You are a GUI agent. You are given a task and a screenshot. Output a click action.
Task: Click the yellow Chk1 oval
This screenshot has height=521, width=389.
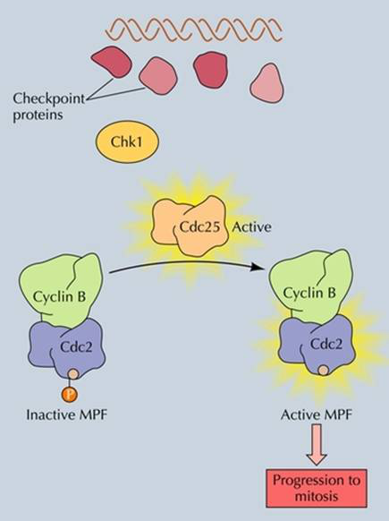click(x=127, y=141)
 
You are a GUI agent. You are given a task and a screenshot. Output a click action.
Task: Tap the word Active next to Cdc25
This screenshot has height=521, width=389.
click(x=251, y=227)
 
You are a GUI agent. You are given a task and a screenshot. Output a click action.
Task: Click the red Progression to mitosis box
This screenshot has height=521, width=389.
click(x=317, y=488)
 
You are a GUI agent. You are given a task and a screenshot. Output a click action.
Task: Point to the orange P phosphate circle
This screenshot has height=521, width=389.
click(x=70, y=395)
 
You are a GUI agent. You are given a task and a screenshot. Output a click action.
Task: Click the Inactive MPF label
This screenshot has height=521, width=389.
click(x=67, y=414)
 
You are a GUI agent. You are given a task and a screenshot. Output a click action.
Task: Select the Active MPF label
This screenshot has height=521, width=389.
click(x=317, y=414)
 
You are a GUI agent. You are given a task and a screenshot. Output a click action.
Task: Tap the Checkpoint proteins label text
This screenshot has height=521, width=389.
click(x=48, y=107)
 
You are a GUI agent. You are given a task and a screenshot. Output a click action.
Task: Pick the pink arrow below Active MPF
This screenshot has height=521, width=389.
click(x=317, y=445)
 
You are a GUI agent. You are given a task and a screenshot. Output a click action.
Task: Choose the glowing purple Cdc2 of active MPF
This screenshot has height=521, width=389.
click(x=317, y=345)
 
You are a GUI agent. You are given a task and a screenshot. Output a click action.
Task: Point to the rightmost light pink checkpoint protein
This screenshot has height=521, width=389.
click(x=267, y=82)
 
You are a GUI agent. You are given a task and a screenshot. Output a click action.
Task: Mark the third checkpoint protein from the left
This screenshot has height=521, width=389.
click(x=211, y=70)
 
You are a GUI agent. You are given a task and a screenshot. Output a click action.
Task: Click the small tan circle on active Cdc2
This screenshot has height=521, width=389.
click(x=323, y=370)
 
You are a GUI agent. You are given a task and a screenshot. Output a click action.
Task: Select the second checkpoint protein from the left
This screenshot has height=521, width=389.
click(x=158, y=76)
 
